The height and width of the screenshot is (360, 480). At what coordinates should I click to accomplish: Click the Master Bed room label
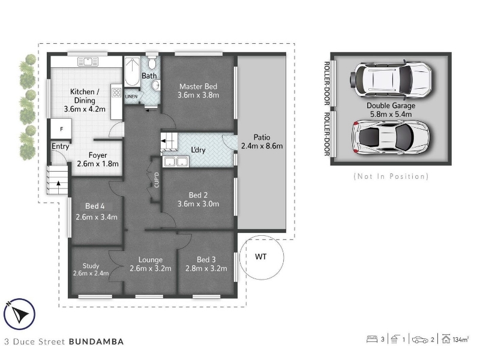[199, 86]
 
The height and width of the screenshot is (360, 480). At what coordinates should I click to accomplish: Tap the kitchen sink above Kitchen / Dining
[88, 62]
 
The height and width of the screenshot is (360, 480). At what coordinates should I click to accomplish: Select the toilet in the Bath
[152, 63]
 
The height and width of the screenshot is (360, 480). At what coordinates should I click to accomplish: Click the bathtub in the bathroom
[132, 72]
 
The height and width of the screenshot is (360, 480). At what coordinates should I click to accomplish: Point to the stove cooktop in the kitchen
[116, 92]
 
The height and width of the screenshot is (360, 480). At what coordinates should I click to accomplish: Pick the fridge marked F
[61, 129]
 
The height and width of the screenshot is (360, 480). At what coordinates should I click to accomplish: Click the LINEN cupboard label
[131, 97]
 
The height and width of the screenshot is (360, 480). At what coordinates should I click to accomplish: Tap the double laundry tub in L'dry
[176, 161]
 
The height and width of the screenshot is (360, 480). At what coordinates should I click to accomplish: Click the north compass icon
[19, 314]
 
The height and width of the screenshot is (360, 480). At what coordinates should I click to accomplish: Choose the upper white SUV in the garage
[391, 79]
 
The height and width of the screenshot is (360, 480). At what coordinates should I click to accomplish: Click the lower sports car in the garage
[391, 137]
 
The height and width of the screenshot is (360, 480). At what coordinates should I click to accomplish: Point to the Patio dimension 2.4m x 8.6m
[262, 146]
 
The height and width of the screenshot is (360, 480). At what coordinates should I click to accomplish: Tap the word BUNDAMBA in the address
[97, 341]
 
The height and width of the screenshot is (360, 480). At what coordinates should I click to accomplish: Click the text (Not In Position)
[391, 176]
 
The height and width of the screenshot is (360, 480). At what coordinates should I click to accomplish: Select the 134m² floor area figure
[461, 340]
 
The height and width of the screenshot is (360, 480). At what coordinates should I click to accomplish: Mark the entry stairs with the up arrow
[57, 179]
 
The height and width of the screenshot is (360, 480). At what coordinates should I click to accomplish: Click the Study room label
[91, 266]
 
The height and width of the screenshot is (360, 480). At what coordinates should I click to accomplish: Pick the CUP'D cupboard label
[157, 180]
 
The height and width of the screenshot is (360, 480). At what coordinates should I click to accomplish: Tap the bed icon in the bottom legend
[372, 339]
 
